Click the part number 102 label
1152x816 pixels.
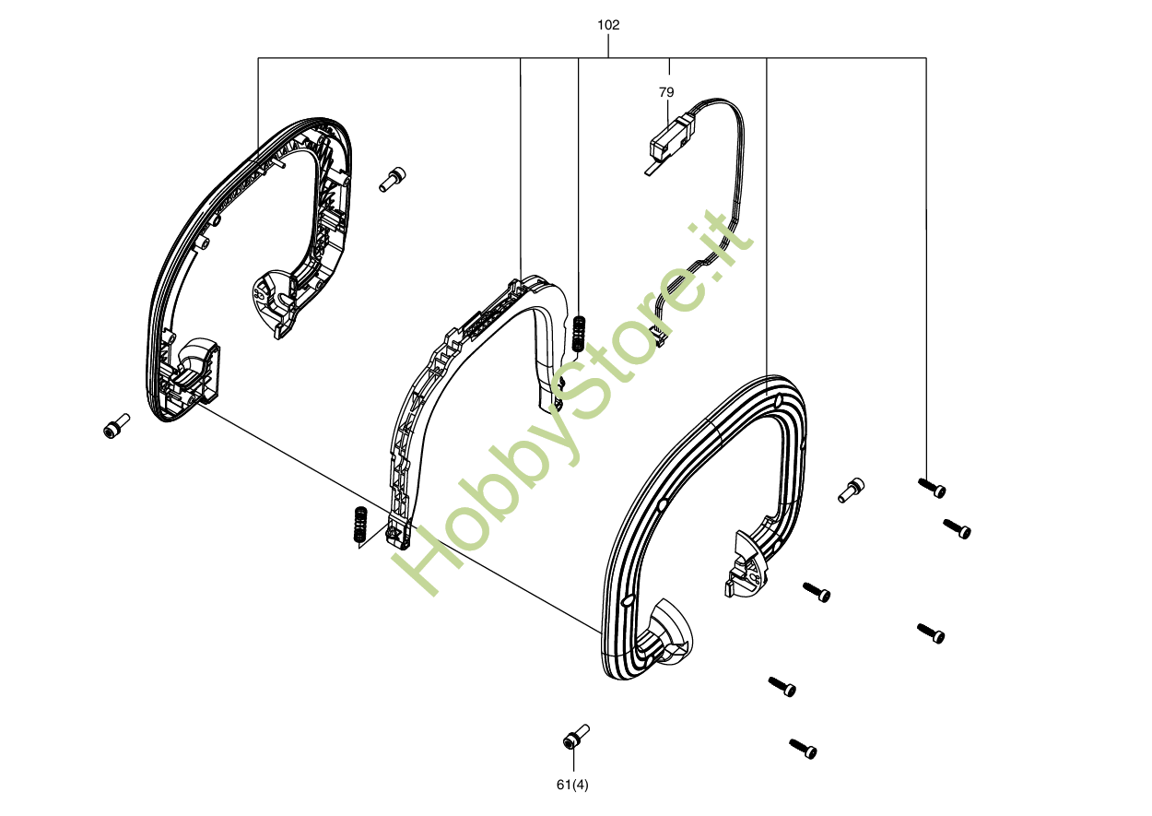[608, 25]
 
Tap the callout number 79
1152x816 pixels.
[666, 92]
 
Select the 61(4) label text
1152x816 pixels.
[572, 785]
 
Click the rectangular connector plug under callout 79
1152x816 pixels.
[671, 137]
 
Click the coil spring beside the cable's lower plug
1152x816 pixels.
[579, 333]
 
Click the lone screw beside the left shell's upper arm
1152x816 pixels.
[392, 179]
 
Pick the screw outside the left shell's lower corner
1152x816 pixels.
[115, 427]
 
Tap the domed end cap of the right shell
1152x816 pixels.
[672, 632]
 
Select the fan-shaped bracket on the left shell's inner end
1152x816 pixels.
[276, 302]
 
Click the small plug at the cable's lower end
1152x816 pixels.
[660, 336]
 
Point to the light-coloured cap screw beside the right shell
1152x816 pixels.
[851, 490]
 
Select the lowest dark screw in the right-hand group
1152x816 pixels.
[802, 749]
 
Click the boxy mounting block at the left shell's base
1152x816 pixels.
[193, 378]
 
